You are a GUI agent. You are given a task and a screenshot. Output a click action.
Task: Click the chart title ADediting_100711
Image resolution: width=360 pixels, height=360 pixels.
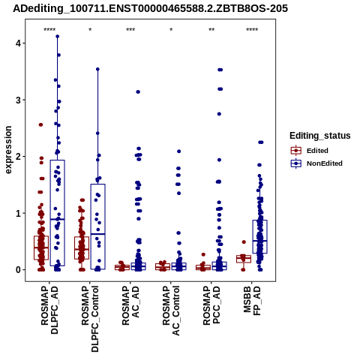click(150, 9)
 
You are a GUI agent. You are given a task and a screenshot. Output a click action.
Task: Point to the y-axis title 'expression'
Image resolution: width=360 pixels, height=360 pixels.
click(8, 150)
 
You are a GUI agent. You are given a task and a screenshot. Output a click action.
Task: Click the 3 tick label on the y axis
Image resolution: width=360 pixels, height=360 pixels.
click(17, 100)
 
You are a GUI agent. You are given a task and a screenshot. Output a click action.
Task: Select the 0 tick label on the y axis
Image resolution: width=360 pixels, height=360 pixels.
click(17, 270)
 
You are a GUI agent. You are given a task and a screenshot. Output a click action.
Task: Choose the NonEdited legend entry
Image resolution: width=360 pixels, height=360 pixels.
click(316, 163)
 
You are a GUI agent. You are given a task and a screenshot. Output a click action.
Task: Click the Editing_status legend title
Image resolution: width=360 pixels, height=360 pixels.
click(320, 136)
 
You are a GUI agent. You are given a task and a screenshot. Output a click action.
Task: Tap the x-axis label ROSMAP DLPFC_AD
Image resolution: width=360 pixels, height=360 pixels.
click(49, 310)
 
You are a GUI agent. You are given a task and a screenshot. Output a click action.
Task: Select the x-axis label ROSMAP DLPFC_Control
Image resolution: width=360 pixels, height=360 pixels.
click(90, 319)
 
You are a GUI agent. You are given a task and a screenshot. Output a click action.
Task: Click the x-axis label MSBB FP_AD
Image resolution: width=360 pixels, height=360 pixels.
click(252, 301)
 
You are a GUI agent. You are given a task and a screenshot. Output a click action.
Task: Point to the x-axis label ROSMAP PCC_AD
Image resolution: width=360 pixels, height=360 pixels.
click(211, 305)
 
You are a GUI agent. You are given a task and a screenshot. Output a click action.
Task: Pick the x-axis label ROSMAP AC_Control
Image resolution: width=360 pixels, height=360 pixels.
click(171, 310)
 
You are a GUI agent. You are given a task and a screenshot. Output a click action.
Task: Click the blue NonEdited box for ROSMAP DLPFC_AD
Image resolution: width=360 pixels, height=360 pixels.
click(58, 213)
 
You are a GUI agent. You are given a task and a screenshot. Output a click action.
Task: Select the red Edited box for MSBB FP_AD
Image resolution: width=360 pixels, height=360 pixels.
click(244, 259)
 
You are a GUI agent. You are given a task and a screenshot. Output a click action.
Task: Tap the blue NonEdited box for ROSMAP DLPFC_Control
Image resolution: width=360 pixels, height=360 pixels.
click(97, 226)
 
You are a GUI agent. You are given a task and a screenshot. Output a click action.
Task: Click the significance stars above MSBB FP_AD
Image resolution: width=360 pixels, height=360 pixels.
click(252, 30)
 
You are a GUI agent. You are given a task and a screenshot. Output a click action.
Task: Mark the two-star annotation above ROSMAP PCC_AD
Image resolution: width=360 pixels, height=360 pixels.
click(211, 30)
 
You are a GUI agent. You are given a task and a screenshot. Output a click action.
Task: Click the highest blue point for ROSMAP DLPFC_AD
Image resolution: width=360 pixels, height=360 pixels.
click(58, 36)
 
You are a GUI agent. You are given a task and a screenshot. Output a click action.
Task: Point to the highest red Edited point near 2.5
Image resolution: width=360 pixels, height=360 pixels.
click(40, 124)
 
